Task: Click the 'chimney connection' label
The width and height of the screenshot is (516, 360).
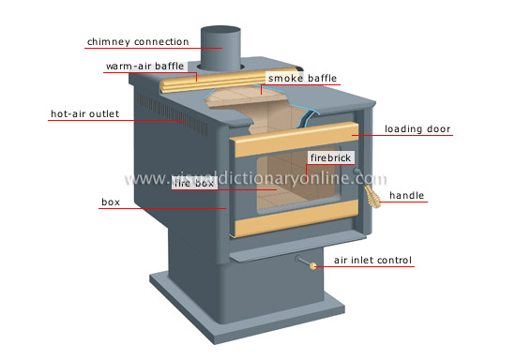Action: point(137,41)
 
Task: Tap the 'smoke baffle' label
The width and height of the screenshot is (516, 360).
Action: point(302,78)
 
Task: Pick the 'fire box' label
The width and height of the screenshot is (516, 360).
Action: point(195,184)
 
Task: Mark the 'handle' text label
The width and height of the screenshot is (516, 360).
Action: point(409,196)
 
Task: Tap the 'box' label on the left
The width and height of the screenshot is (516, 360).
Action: point(110,201)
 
